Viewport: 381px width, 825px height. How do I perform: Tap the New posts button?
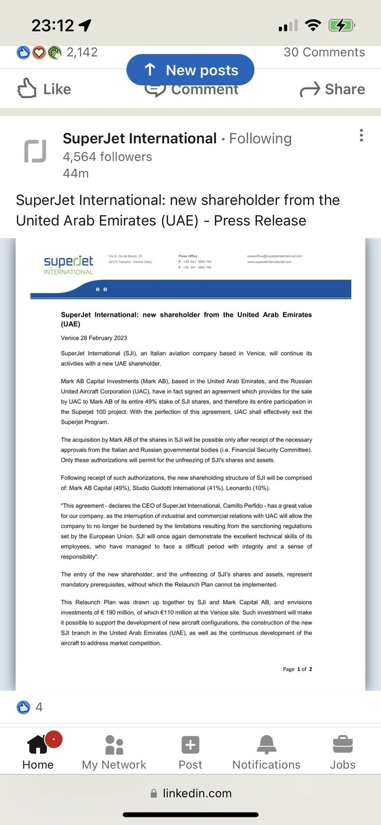(x=190, y=70)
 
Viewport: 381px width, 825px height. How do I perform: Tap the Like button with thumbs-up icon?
(x=44, y=89)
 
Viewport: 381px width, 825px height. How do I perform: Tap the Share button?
(x=333, y=89)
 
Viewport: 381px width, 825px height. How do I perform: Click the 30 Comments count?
(x=324, y=52)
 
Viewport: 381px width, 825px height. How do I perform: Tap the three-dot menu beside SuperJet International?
(x=361, y=136)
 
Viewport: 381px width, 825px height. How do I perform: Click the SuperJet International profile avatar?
(x=35, y=151)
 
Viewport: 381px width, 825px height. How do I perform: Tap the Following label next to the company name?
(x=260, y=139)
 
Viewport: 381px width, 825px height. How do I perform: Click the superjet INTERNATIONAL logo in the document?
(x=69, y=265)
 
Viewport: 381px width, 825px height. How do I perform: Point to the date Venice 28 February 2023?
(x=94, y=338)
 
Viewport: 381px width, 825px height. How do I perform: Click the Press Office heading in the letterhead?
(x=188, y=255)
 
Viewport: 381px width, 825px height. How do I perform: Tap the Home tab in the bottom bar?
(x=38, y=751)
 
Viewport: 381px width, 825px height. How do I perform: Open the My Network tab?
(x=114, y=751)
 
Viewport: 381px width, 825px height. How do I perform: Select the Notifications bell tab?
(x=266, y=751)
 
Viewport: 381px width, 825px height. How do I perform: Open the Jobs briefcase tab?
(x=342, y=751)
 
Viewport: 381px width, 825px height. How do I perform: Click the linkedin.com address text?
(x=197, y=793)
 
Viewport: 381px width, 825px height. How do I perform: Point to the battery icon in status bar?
(x=341, y=25)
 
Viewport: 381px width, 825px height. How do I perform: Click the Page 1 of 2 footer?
(x=297, y=669)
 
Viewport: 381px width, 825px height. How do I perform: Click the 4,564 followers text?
(x=107, y=157)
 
